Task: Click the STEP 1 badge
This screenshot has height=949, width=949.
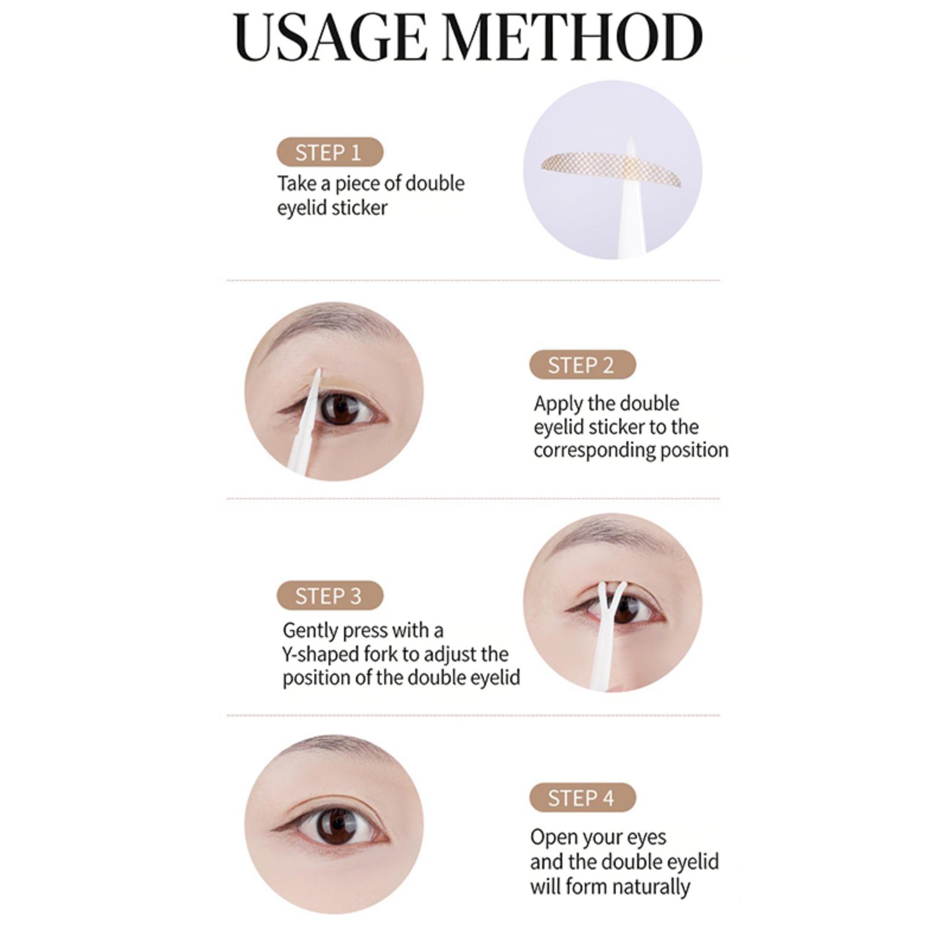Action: [x=330, y=152]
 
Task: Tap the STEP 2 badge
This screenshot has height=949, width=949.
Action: [x=582, y=365]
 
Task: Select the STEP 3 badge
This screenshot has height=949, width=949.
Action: [x=330, y=595]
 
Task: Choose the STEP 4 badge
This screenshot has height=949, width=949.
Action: [x=582, y=798]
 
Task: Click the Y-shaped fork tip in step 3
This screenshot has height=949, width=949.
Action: [x=609, y=593]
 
